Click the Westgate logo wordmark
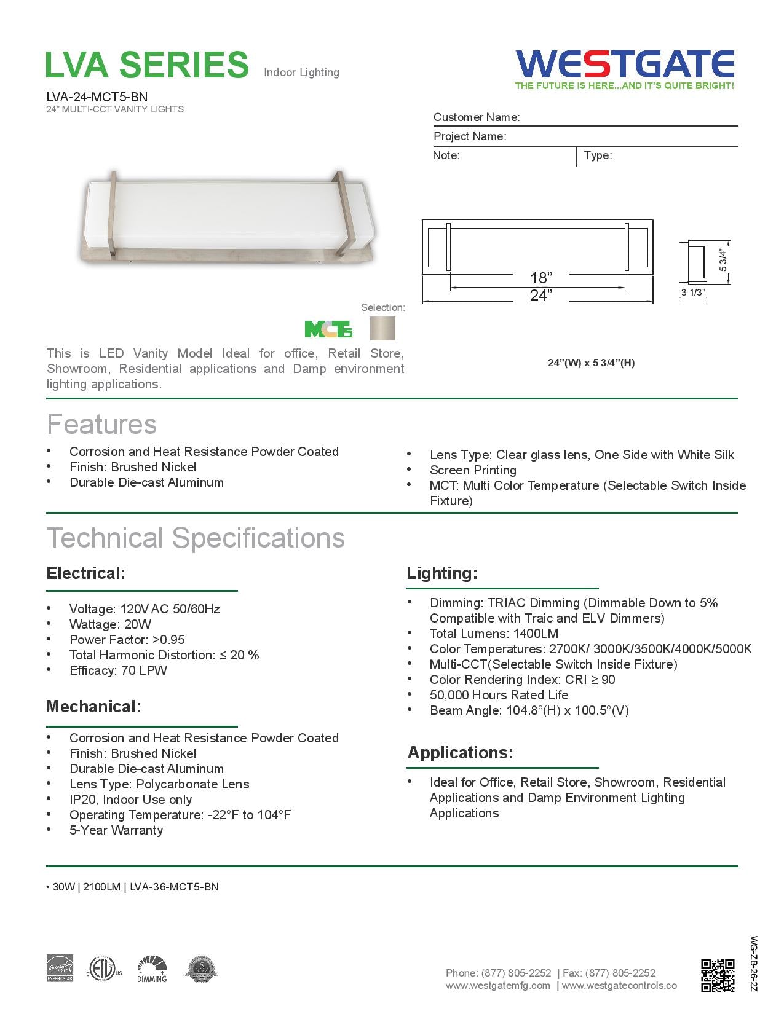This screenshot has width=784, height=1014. click(x=625, y=64)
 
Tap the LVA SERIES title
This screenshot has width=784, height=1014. click(x=147, y=65)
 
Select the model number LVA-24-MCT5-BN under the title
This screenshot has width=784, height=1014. click(x=97, y=96)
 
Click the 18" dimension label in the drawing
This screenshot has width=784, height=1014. click(x=541, y=278)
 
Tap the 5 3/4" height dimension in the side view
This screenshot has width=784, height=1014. click(x=723, y=261)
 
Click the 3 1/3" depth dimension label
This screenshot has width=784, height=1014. click(x=692, y=293)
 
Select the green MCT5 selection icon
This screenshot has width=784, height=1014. click(x=329, y=329)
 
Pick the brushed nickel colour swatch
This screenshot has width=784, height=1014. click(x=382, y=329)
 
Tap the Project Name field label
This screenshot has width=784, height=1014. click(x=470, y=136)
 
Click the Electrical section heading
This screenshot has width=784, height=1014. click(x=85, y=573)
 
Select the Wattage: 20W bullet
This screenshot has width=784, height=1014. click(x=110, y=624)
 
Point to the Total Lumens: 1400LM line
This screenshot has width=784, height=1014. click(x=494, y=634)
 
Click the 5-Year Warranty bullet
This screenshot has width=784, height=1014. click(x=116, y=830)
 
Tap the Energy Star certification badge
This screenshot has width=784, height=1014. click(x=60, y=969)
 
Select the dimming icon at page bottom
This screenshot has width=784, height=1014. click(x=152, y=969)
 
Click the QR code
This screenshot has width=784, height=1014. click(x=718, y=975)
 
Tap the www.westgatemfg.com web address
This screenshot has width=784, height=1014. click(x=498, y=986)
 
